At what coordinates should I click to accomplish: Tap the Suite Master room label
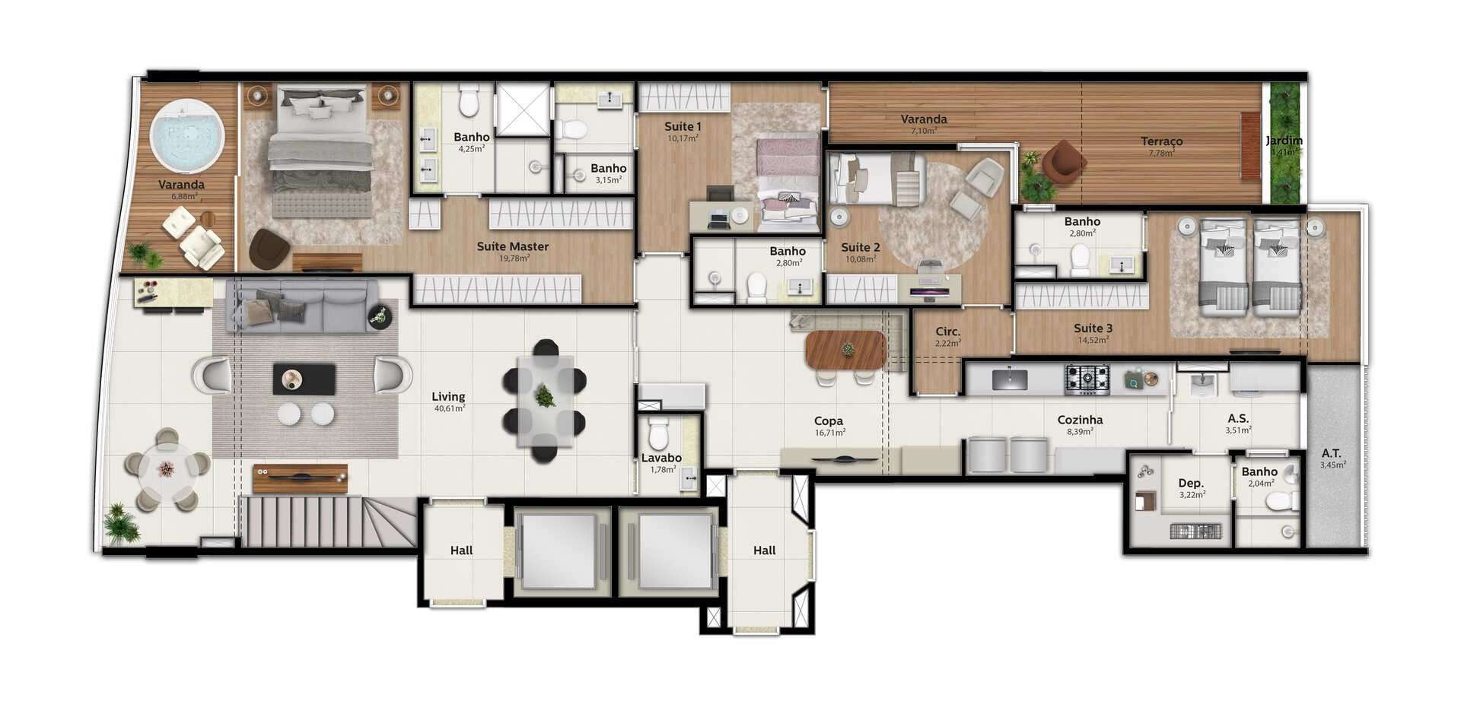[513, 246]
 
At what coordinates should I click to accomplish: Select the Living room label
[448, 396]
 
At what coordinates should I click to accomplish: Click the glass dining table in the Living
[545, 400]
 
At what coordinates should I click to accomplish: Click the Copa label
[829, 420]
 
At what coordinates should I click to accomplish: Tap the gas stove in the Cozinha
[1087, 379]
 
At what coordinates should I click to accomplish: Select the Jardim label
[1284, 140]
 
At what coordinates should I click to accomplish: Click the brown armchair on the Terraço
[1063, 162]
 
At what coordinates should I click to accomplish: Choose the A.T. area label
[1332, 453]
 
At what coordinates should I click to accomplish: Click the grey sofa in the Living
[302, 306]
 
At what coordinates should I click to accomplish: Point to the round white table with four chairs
[166, 470]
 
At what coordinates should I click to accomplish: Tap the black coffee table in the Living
[304, 379]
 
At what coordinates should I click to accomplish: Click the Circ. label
[948, 332]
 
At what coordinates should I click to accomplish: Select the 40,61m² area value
[450, 408]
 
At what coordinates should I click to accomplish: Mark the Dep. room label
[1191, 483]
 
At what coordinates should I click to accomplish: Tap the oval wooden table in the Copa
[846, 350]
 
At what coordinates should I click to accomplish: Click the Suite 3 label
[1093, 328]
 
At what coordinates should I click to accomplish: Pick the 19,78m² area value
[514, 258]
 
